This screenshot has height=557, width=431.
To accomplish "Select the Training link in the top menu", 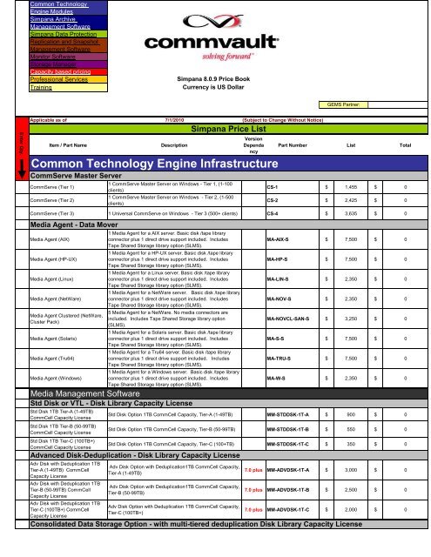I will (x=42, y=89).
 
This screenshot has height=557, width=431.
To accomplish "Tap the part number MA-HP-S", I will (x=278, y=258).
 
